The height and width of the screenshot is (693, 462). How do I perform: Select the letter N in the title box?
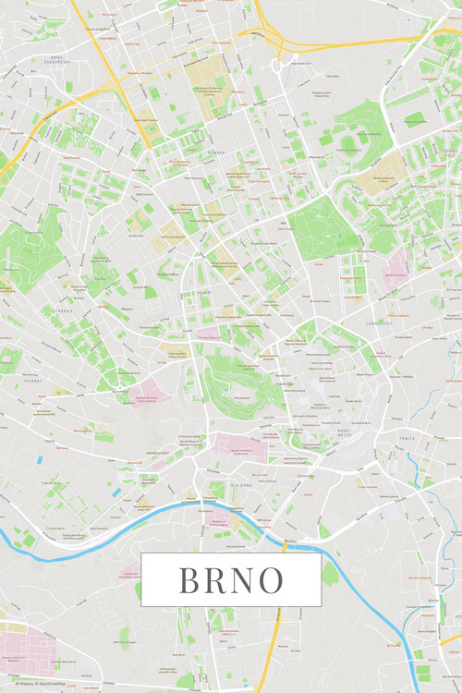point(242,579)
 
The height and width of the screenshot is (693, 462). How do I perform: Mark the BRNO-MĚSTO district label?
point(346,432)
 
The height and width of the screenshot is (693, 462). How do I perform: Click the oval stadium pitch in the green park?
point(347,143)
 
